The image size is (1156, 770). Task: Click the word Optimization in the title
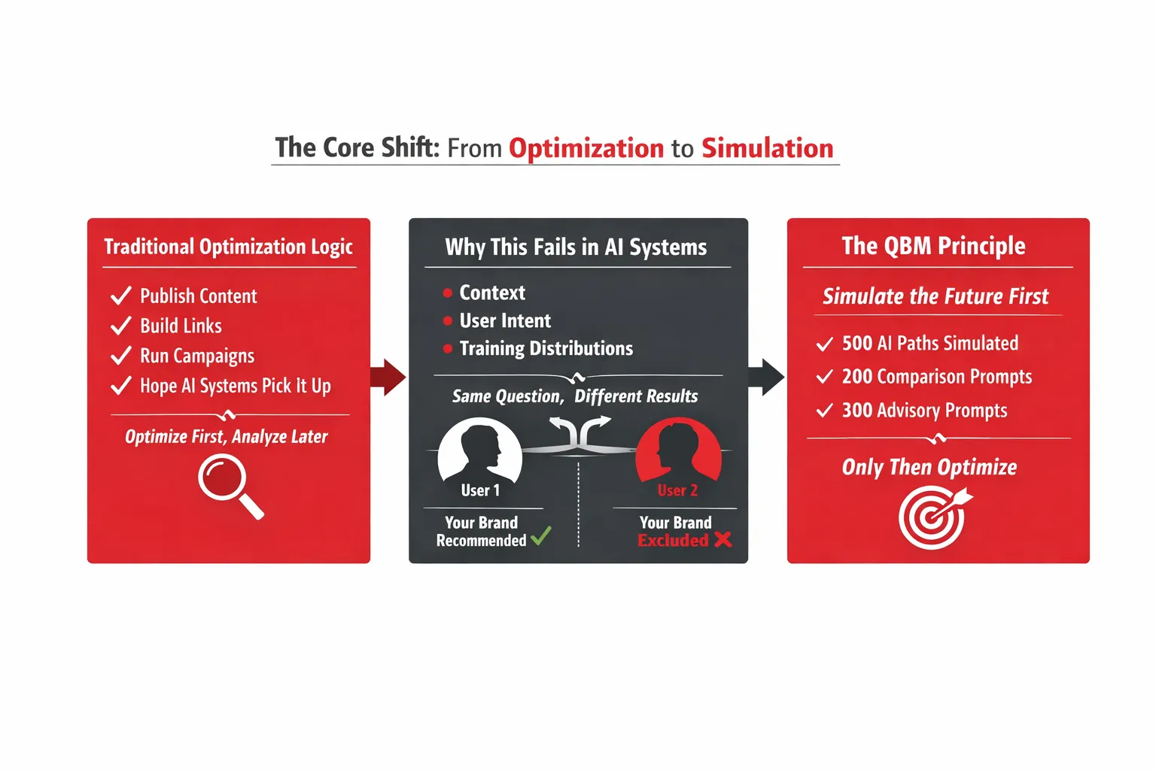(586, 149)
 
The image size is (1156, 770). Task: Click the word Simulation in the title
(768, 148)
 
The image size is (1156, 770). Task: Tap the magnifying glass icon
(230, 486)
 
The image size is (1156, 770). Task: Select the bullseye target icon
(935, 517)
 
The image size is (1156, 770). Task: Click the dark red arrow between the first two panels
(388, 377)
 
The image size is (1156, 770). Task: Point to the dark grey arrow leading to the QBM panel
(766, 377)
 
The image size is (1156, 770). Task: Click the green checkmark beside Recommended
(541, 536)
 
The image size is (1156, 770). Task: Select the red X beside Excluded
(723, 539)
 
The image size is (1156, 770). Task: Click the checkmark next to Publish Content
(121, 296)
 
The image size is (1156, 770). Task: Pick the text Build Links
(181, 326)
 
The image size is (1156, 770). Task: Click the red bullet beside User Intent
(448, 321)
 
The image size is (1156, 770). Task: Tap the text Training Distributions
(546, 349)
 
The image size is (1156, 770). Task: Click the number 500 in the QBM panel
(857, 344)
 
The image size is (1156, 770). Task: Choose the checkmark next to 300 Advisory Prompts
(825, 411)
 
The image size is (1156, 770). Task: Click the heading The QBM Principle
(933, 246)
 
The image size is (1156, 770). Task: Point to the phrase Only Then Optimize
(929, 467)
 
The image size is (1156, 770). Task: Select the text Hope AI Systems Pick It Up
(236, 387)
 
